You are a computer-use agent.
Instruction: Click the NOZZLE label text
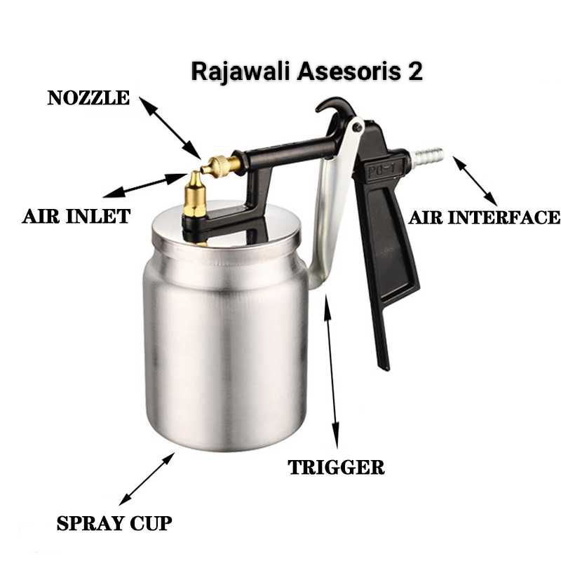(88, 98)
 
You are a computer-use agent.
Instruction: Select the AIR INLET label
(76, 216)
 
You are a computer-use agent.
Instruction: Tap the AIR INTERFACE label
(485, 217)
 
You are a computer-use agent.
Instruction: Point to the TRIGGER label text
(337, 467)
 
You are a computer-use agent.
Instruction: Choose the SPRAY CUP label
(114, 523)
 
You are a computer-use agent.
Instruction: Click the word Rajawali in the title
(234, 72)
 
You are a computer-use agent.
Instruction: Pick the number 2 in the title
(415, 72)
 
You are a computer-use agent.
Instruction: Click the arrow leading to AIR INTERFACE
(475, 181)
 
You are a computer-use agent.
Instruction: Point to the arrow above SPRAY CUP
(147, 478)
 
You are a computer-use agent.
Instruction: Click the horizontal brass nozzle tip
(219, 165)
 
